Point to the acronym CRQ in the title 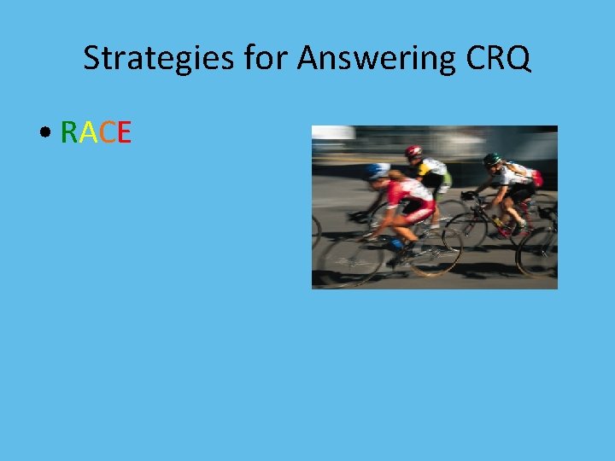[499, 58]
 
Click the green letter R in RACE [68, 133]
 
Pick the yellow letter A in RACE [86, 133]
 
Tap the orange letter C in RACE [105, 133]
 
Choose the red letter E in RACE [123, 133]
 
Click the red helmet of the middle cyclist [413, 151]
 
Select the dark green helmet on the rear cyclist [491, 159]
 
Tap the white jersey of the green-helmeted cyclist [516, 174]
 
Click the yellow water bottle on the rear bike [497, 221]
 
